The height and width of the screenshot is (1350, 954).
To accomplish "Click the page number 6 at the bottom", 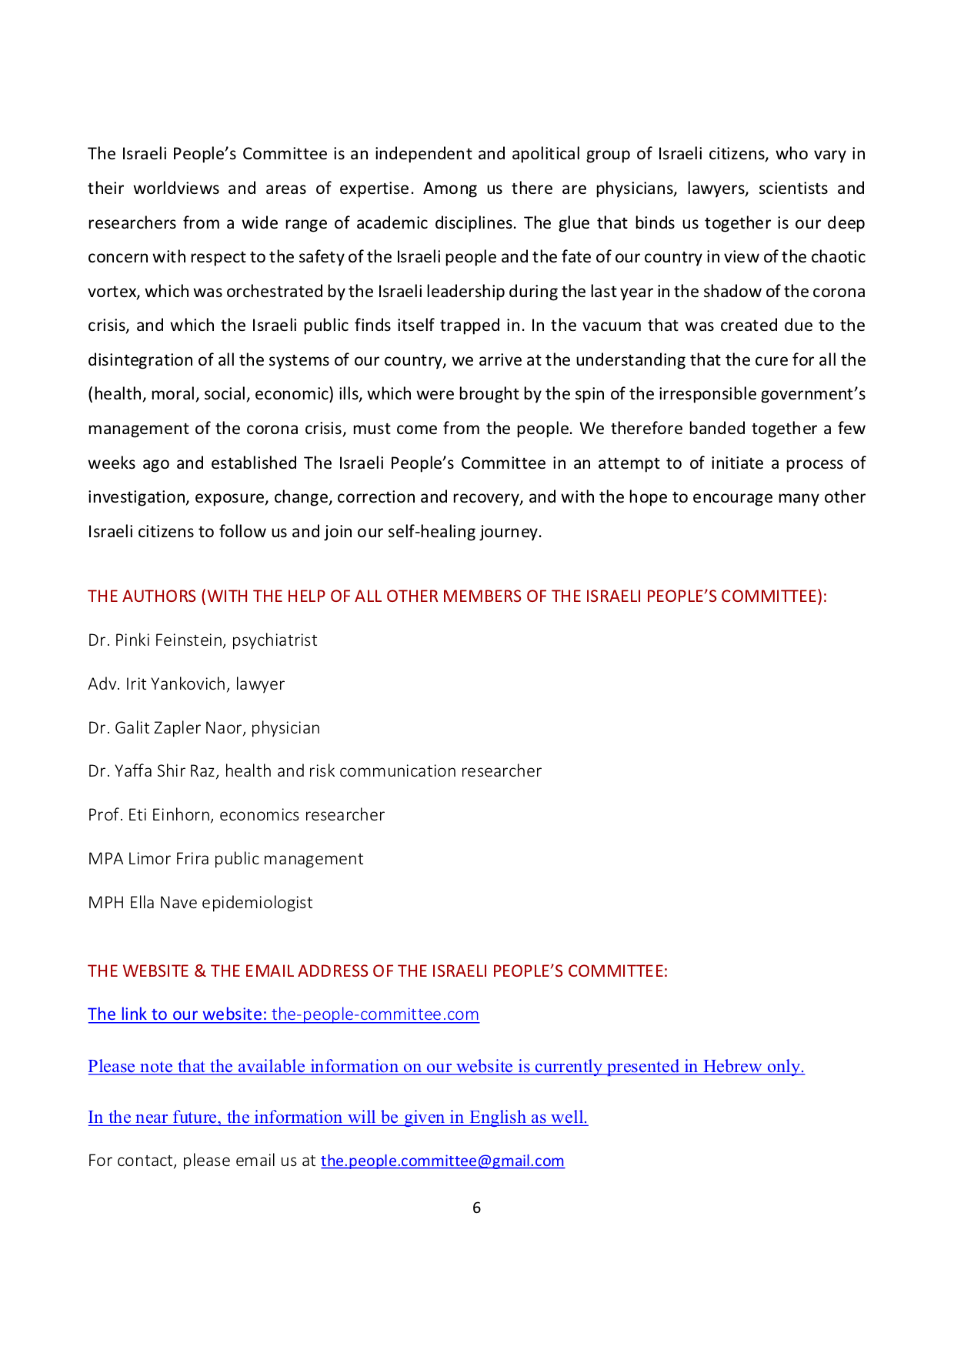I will click(x=476, y=1208).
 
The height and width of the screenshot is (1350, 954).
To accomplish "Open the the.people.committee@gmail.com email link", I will click(x=442, y=1161).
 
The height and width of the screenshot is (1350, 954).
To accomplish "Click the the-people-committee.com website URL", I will click(x=375, y=1014).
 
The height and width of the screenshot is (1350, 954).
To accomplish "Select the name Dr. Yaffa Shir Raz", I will click(x=152, y=771).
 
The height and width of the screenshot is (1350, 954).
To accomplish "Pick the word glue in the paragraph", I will click(x=574, y=223).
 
